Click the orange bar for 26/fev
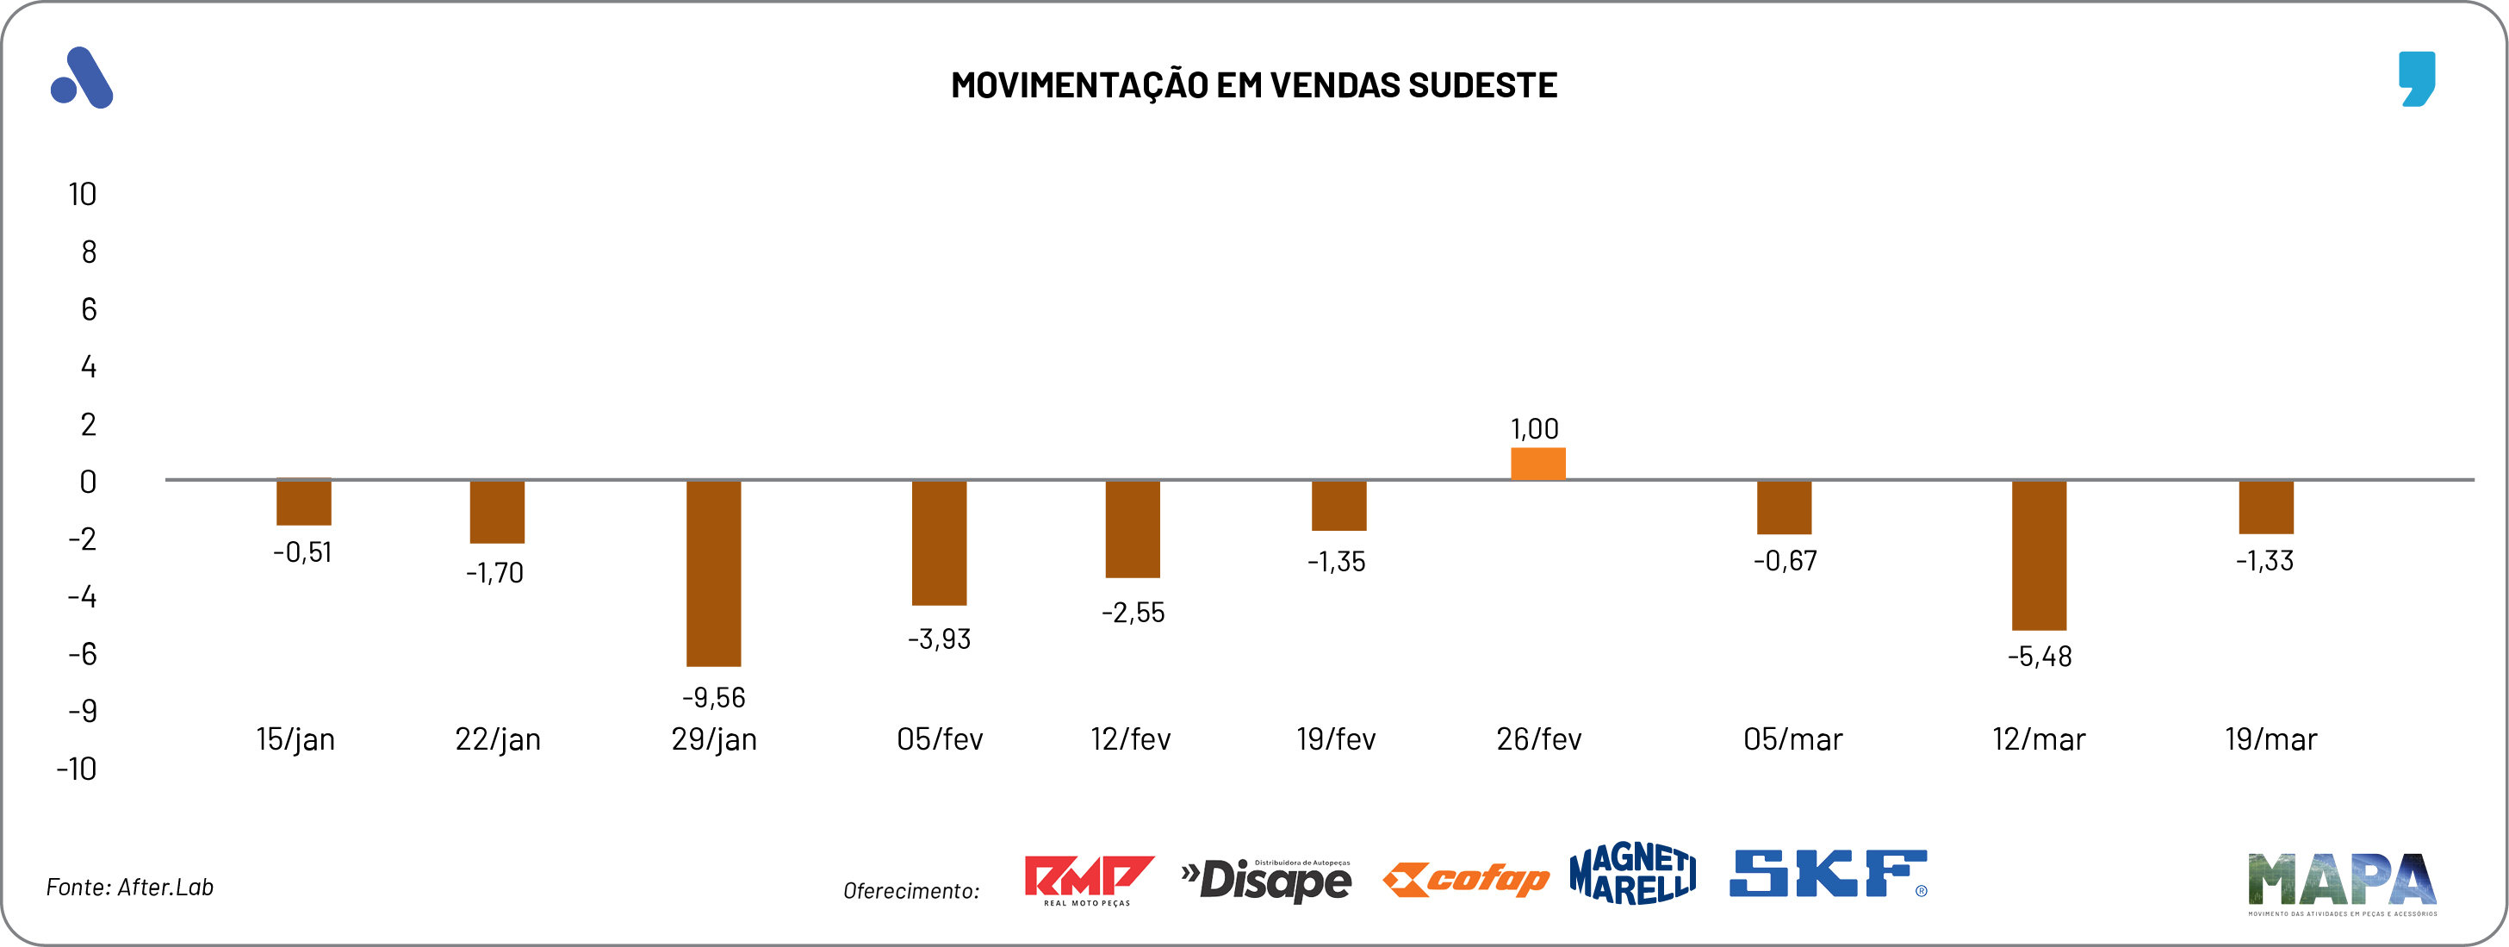[x=1538, y=464]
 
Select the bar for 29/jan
[x=713, y=573]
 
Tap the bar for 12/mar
[x=2039, y=555]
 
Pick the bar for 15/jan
[x=304, y=502]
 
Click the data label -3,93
[x=939, y=639]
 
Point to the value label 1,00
[x=1534, y=428]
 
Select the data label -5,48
[x=2040, y=657]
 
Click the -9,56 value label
[x=713, y=698]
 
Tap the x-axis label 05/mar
[x=1792, y=739]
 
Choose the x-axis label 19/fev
[x=1335, y=739]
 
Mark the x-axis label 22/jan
[x=498, y=739]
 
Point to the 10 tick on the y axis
[x=83, y=195]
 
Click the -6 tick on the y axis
[x=83, y=654]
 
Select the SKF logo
[x=1827, y=873]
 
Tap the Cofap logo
[x=1466, y=879]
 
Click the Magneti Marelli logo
[x=1632, y=873]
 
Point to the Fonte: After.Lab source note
[x=129, y=887]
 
